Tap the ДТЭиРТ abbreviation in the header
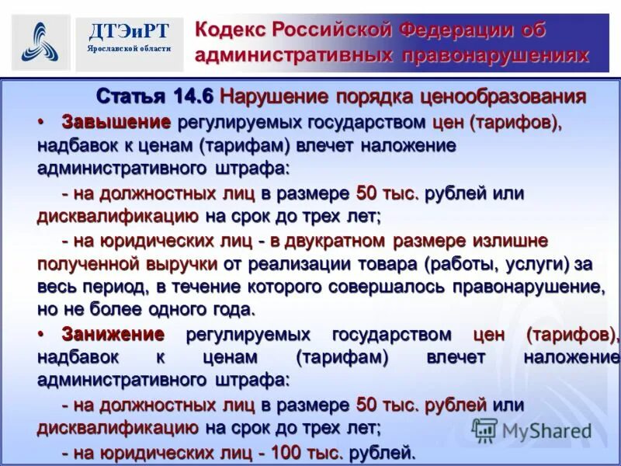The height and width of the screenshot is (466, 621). tap(129, 30)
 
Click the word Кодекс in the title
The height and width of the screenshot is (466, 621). tap(230, 30)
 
